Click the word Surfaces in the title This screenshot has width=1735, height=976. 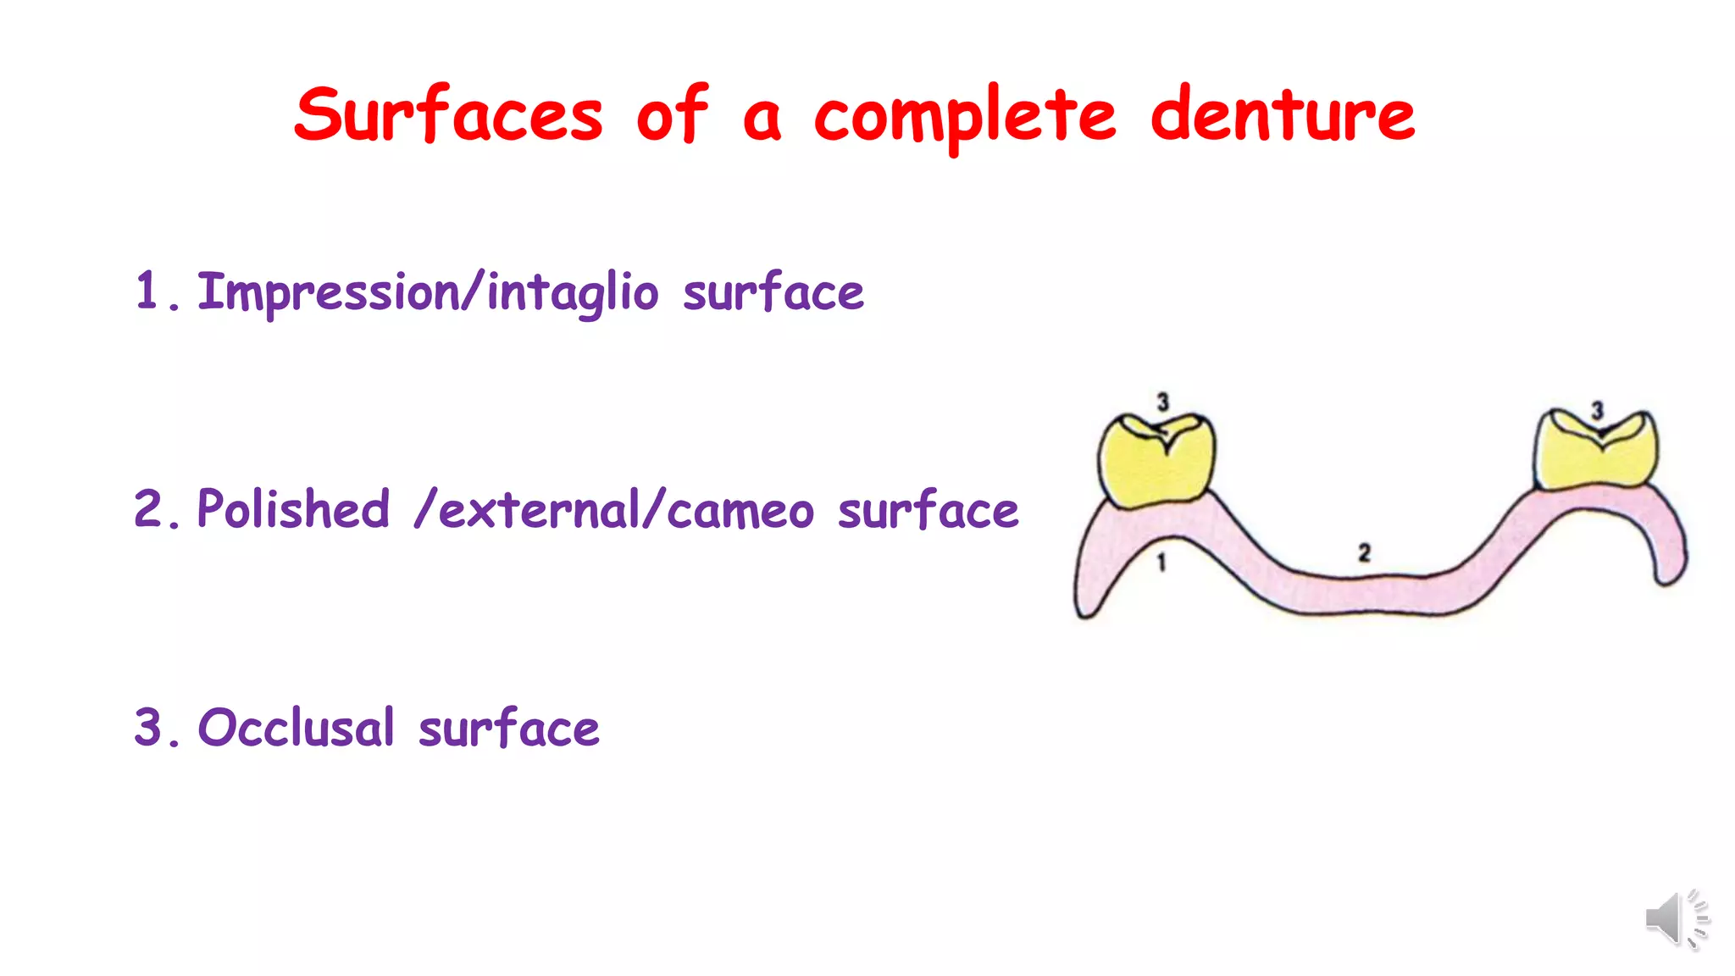point(448,116)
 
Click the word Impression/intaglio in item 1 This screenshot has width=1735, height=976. point(428,293)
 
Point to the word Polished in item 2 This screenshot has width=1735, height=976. point(293,510)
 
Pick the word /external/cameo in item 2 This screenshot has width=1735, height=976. point(614,511)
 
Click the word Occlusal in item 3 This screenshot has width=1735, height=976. point(297,728)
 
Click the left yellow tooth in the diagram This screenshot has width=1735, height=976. point(1156,462)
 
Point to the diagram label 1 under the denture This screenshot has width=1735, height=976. point(1161,562)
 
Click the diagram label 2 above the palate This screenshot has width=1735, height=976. point(1364,553)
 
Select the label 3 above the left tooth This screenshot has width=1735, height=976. point(1163,402)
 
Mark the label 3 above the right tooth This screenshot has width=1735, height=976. point(1597,411)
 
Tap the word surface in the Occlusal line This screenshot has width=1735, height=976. point(509,729)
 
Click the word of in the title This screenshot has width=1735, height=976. point(672,116)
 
